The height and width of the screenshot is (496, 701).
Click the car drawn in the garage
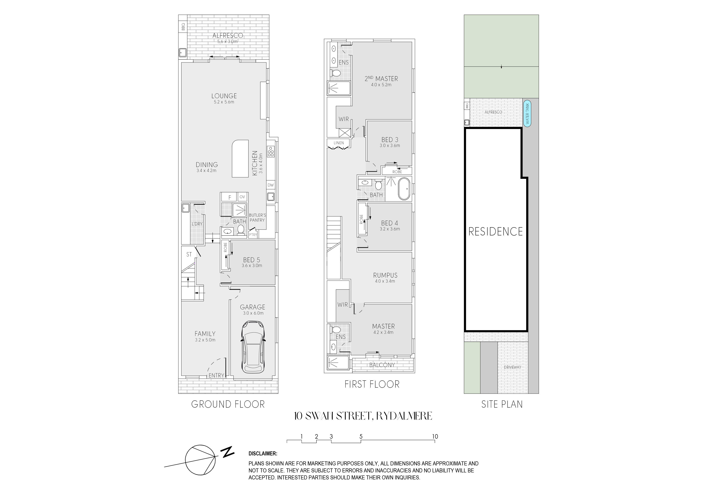253,347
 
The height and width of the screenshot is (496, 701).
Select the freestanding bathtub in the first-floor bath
404,189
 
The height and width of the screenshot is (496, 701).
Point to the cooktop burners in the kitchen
271,152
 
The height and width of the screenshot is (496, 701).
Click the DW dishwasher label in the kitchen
271,185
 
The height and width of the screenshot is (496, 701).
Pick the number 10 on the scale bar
435,436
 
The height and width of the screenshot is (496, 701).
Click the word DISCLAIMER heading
263,454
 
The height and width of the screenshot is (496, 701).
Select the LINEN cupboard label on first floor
339,143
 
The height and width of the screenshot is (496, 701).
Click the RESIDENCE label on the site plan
496,232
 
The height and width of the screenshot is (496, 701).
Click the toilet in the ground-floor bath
241,230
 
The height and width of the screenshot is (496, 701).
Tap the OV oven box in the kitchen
242,197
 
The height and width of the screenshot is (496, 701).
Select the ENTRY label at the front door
216,375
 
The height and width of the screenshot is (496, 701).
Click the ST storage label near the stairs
189,254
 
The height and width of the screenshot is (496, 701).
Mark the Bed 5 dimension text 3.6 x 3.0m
252,266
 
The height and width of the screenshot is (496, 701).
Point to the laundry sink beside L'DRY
185,208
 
